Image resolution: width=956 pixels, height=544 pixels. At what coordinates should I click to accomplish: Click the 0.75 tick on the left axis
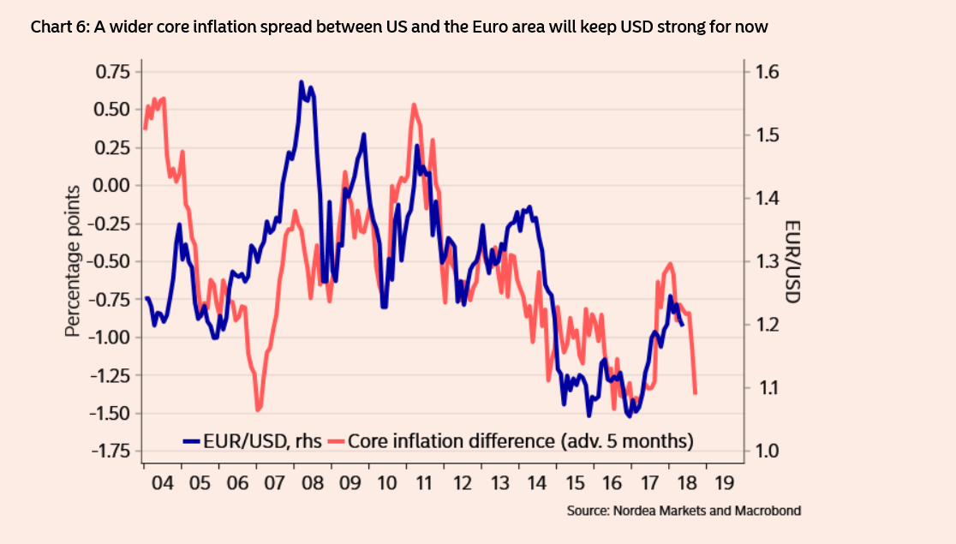click(113, 71)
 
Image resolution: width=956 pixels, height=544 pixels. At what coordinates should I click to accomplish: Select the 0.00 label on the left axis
click(113, 185)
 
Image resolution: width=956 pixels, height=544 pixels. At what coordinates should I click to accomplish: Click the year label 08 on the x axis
click(313, 483)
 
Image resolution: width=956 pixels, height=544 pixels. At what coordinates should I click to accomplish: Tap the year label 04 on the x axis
click(162, 483)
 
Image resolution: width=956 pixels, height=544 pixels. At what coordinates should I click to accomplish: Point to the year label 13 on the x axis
click(501, 483)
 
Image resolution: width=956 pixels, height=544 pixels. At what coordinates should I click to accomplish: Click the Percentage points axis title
click(75, 260)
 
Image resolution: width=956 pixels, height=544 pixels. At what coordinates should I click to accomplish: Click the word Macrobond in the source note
click(768, 511)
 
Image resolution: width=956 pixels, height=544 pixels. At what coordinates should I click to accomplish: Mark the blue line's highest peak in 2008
click(302, 82)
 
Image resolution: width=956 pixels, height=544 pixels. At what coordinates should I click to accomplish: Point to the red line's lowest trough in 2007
click(258, 409)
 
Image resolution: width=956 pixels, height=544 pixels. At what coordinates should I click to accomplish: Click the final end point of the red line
click(696, 393)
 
